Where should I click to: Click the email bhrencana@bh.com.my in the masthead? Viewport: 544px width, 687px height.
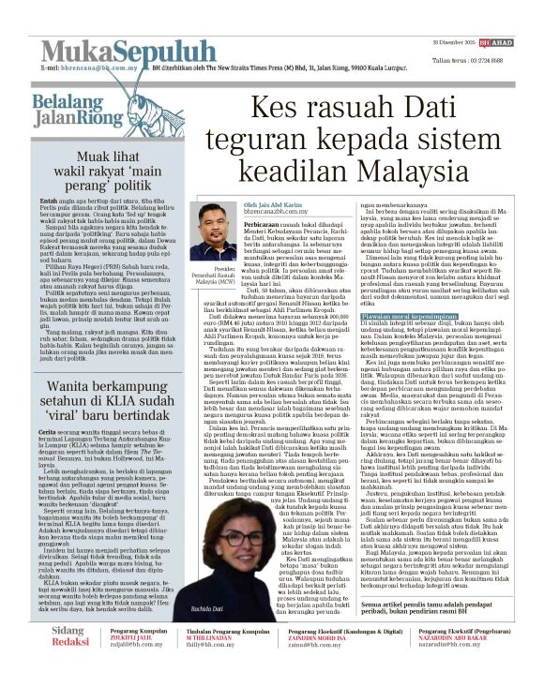tap(97, 68)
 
